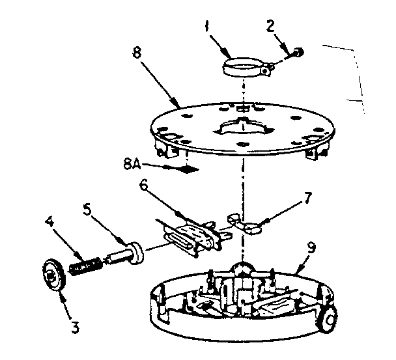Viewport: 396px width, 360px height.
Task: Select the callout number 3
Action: [x=76, y=329]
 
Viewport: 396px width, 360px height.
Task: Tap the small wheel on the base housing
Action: [x=330, y=320]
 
